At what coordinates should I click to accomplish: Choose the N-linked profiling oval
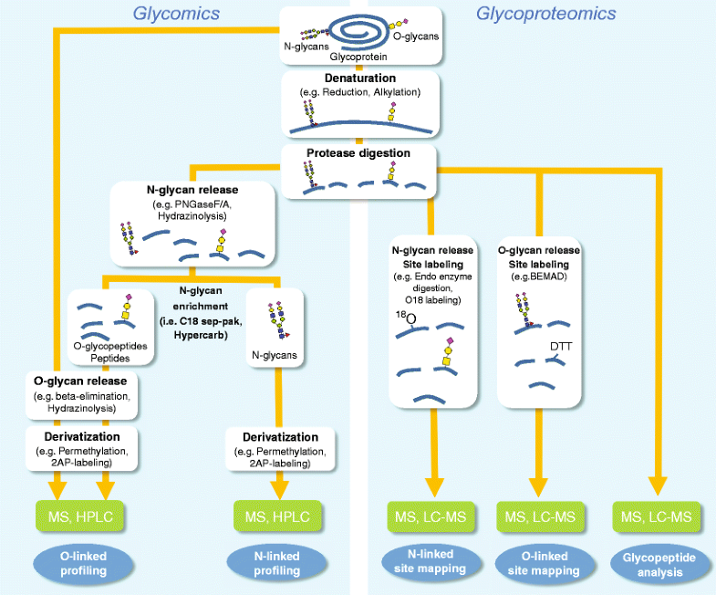pos(278,563)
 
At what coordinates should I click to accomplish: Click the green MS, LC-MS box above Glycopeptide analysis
pos(655,517)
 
